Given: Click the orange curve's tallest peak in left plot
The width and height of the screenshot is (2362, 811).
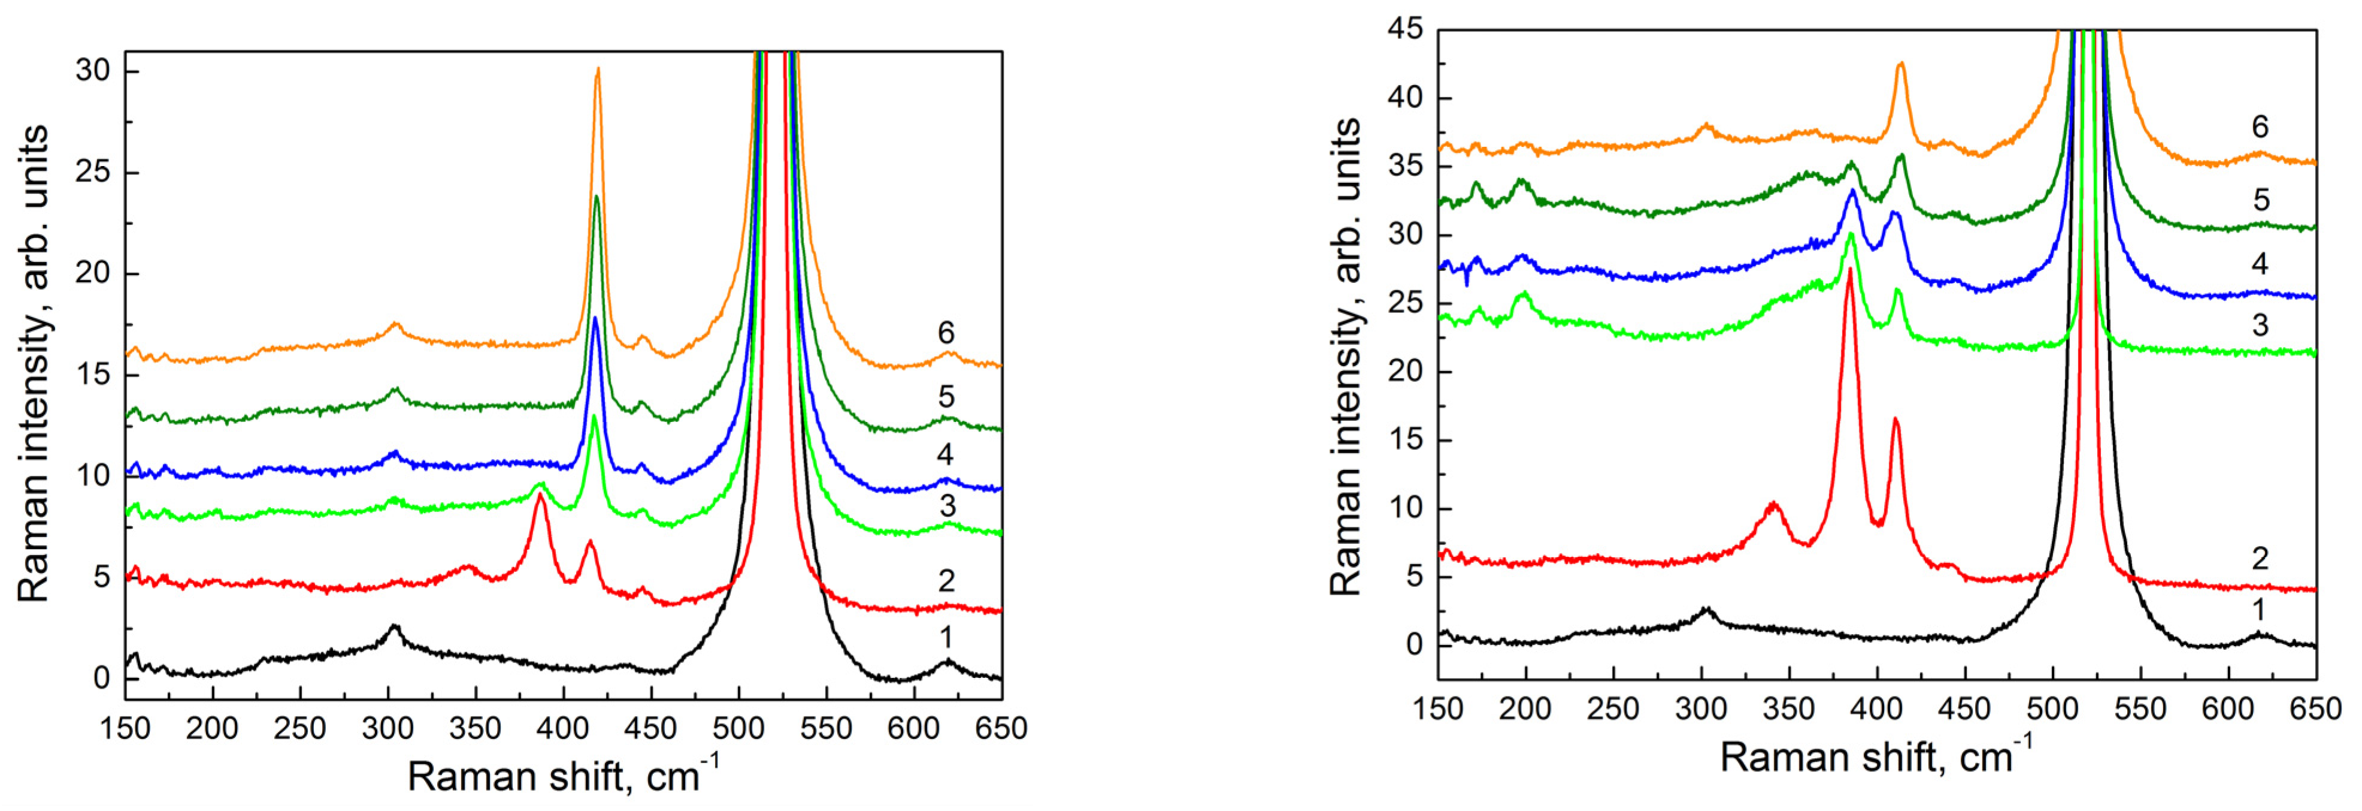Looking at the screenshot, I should click(598, 70).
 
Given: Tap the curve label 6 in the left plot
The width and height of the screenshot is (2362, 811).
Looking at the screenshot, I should click(946, 332).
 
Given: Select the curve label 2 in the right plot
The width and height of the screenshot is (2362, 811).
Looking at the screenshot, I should click(2260, 558).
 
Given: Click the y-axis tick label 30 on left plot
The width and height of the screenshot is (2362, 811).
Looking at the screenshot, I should click(93, 71).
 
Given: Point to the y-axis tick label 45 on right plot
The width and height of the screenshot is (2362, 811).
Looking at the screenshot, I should click(1406, 29).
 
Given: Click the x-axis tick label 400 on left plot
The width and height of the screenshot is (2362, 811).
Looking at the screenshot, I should click(563, 729).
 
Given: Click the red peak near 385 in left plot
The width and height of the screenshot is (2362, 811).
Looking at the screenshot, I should click(540, 495).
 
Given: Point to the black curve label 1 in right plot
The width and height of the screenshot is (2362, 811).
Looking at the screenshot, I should click(2260, 609).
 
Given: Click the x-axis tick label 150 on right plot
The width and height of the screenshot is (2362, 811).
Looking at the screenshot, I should click(1438, 709).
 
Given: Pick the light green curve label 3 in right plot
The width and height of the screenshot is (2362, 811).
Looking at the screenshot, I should click(2260, 325).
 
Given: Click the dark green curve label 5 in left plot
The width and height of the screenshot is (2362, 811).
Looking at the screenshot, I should click(946, 396).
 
